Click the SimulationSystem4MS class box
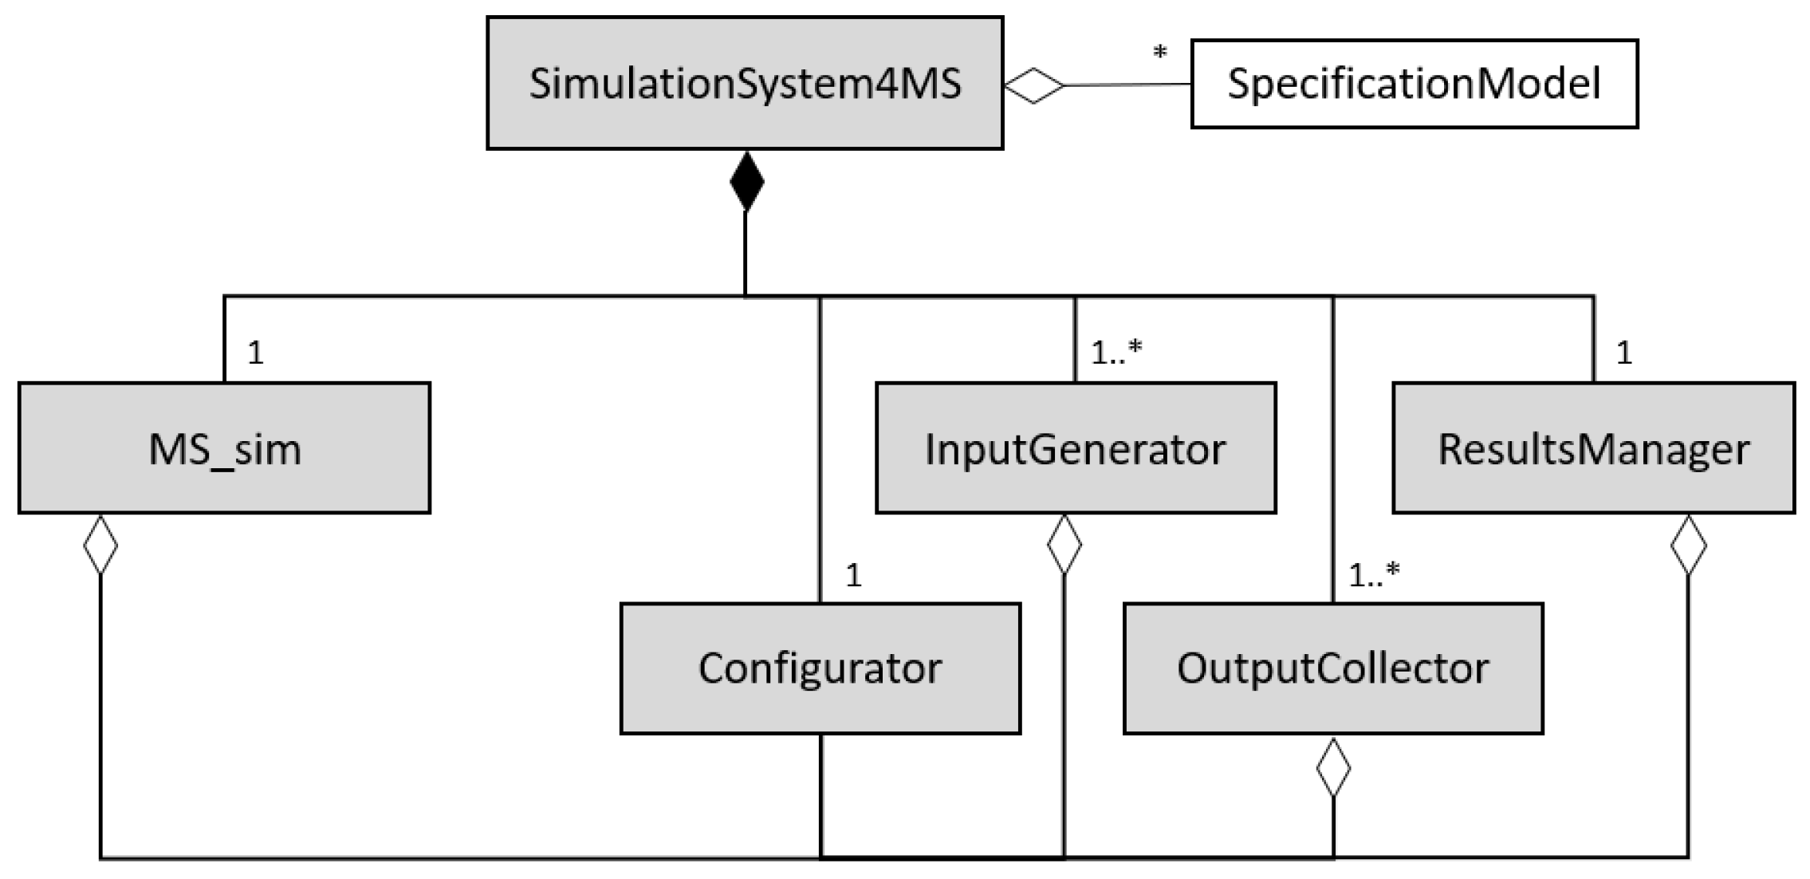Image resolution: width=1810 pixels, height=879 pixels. (x=745, y=83)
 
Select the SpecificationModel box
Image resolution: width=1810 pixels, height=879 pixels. (x=1414, y=84)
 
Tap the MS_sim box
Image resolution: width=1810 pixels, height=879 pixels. (x=224, y=448)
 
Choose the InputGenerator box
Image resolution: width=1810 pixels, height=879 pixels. (x=1076, y=448)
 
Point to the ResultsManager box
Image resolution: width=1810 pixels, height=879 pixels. (x=1593, y=448)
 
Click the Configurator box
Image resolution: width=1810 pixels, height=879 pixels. (x=820, y=668)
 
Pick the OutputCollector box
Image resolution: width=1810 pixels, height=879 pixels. (x=1332, y=668)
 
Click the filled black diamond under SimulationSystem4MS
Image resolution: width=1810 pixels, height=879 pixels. (x=746, y=182)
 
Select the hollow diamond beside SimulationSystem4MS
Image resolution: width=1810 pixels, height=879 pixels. (x=1034, y=85)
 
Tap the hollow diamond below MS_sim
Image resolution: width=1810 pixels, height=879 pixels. (x=100, y=545)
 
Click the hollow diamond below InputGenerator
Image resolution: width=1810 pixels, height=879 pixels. (x=1064, y=545)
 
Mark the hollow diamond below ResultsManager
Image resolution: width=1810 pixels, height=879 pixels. (x=1688, y=545)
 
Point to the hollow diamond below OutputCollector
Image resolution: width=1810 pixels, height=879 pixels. (x=1333, y=767)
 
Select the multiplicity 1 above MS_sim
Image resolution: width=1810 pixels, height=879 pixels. (x=255, y=353)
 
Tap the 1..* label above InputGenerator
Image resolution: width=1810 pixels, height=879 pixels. (x=1116, y=352)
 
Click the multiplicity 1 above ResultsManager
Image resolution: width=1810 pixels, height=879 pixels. (x=1624, y=353)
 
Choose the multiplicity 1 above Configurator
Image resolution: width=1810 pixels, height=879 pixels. (x=853, y=575)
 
